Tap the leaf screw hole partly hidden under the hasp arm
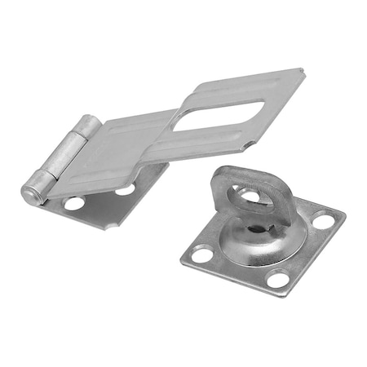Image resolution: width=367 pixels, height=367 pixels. pos(125,190)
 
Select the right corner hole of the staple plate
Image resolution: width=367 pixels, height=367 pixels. pos(325,221)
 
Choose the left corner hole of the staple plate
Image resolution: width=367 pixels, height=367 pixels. pos(200,254)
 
